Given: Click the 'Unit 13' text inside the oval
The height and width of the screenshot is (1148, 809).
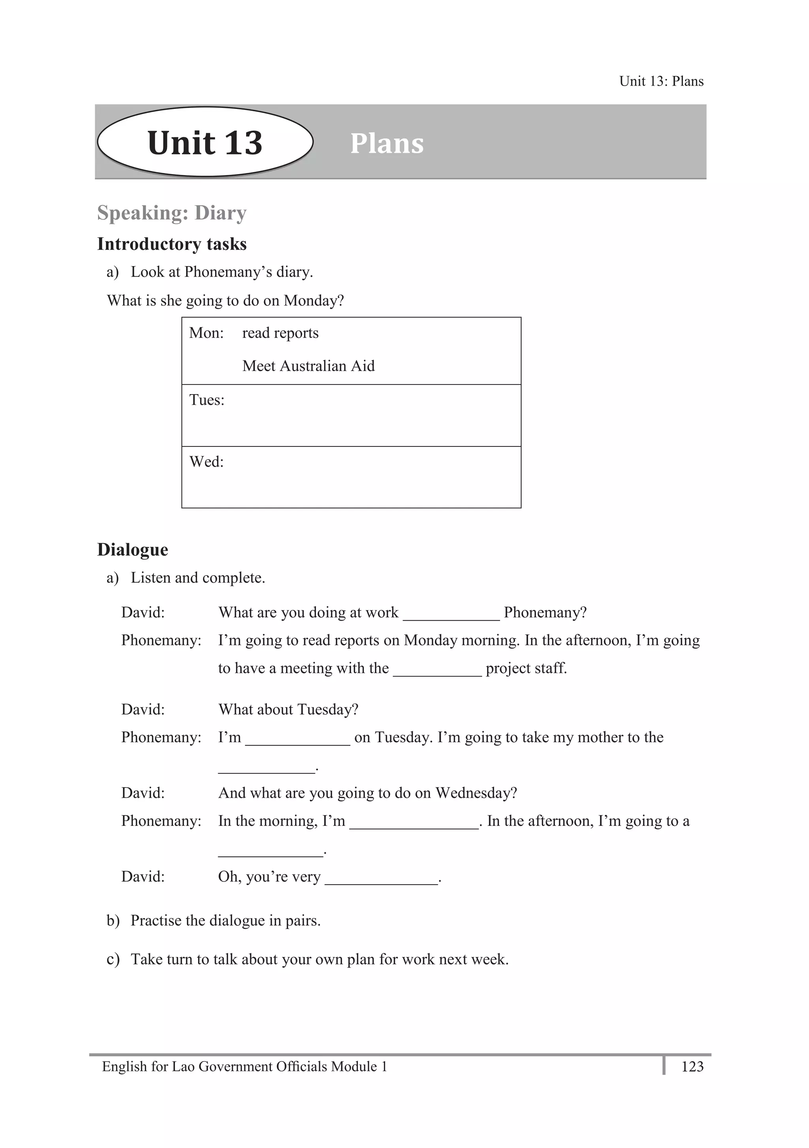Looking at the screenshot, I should pyautogui.click(x=205, y=143).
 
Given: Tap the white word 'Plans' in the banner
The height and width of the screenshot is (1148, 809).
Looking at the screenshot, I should pyautogui.click(x=387, y=144).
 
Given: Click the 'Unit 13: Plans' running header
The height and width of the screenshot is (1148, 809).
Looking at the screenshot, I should pyautogui.click(x=661, y=81).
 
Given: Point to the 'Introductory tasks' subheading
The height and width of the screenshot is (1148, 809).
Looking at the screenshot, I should pyautogui.click(x=171, y=244).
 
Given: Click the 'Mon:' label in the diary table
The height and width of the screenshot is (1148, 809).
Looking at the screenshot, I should pyautogui.click(x=206, y=333).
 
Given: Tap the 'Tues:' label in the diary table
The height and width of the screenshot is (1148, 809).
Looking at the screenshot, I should pyautogui.click(x=207, y=400).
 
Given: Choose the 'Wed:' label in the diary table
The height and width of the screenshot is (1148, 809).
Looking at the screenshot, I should pyautogui.click(x=206, y=461).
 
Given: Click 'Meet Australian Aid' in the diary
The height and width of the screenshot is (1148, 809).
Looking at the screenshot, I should pyautogui.click(x=308, y=366).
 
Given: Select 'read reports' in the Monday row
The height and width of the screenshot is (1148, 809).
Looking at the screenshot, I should pyautogui.click(x=280, y=333).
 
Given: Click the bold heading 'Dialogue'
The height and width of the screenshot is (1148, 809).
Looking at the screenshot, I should pyautogui.click(x=133, y=550).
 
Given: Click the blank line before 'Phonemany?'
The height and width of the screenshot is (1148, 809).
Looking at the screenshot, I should pyautogui.click(x=451, y=615).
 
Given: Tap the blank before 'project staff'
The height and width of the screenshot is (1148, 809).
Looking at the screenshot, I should pyautogui.click(x=437, y=671).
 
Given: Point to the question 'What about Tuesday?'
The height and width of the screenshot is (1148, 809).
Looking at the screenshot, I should pyautogui.click(x=288, y=709).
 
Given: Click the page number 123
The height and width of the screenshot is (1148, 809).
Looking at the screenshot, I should pyautogui.click(x=692, y=1067).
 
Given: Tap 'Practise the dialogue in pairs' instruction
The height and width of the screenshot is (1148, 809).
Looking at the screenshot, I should pyautogui.click(x=225, y=921).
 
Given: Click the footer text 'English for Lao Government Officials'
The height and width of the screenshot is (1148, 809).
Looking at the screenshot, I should pyautogui.click(x=215, y=1067).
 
